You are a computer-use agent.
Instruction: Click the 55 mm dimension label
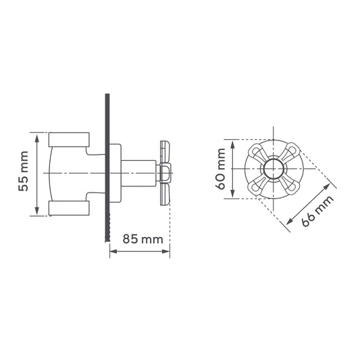24,171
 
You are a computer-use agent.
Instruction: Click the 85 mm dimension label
143,239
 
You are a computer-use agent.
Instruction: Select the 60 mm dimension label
221,169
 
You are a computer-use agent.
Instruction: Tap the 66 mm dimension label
317,211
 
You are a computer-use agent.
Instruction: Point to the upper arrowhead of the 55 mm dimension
36,138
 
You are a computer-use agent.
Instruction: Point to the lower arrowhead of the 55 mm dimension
36,210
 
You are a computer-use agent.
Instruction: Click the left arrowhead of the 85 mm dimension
113,251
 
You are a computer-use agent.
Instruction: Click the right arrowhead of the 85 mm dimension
165,251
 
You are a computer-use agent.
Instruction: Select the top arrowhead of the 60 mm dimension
232,145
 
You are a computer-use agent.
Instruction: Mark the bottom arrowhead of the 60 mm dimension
232,194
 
